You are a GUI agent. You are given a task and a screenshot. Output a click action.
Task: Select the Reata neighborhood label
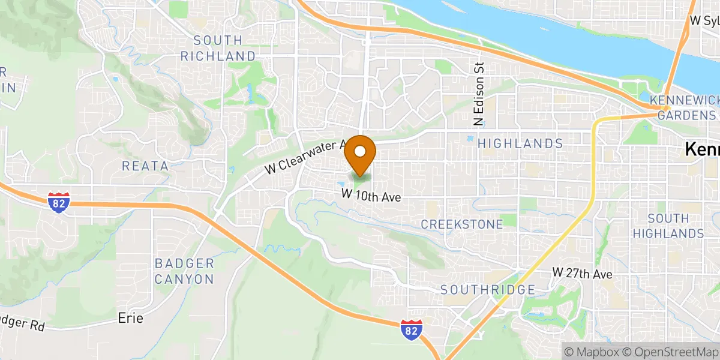145,166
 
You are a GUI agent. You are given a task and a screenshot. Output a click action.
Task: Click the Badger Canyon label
184,271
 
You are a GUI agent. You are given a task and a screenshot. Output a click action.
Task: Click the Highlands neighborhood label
520,144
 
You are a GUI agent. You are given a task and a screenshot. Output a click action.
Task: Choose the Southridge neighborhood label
488,290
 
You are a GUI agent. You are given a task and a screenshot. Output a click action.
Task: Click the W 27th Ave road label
582,274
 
